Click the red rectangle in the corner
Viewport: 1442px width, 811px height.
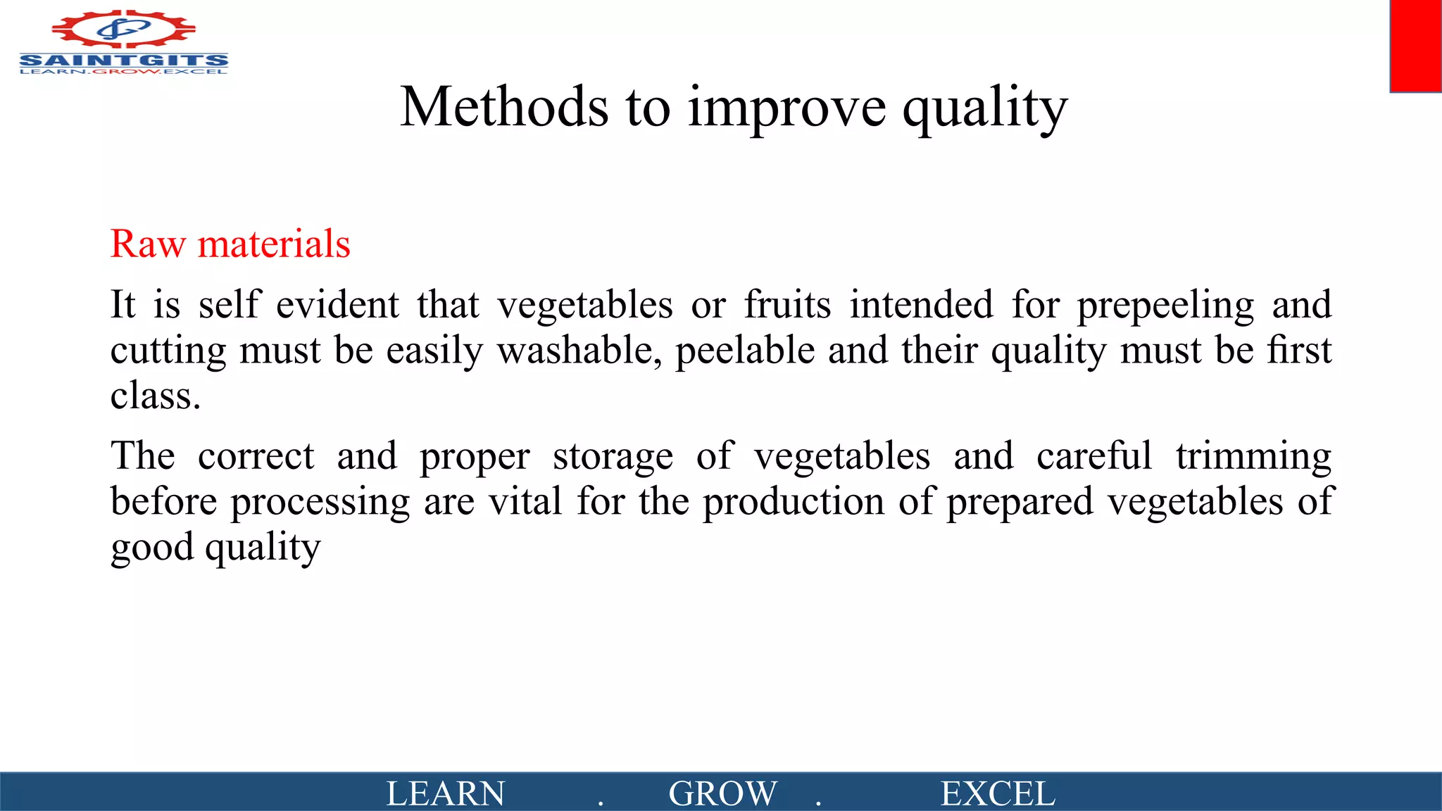click(1415, 46)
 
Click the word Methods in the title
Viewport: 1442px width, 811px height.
click(504, 107)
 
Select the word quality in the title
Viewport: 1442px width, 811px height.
click(985, 109)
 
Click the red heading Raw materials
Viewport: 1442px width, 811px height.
click(230, 244)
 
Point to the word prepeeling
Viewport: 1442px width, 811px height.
click(1165, 306)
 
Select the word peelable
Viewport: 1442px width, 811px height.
click(745, 351)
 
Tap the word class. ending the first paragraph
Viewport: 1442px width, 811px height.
click(156, 396)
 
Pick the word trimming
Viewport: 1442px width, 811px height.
click(1253, 456)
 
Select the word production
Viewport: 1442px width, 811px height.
click(793, 502)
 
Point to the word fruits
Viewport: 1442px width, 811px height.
click(787, 305)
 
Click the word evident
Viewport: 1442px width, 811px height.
click(337, 305)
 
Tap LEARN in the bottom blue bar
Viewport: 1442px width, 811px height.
click(445, 793)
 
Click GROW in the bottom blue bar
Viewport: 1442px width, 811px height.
click(722, 793)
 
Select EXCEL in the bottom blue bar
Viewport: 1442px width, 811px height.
click(998, 793)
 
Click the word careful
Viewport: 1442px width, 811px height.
click(1094, 456)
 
